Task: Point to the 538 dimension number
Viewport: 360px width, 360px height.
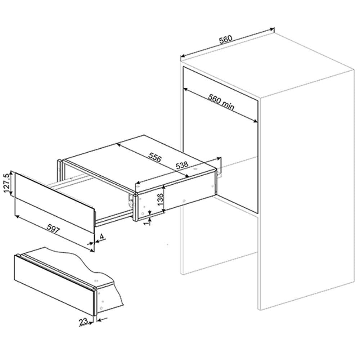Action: pyautogui.click(x=182, y=166)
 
